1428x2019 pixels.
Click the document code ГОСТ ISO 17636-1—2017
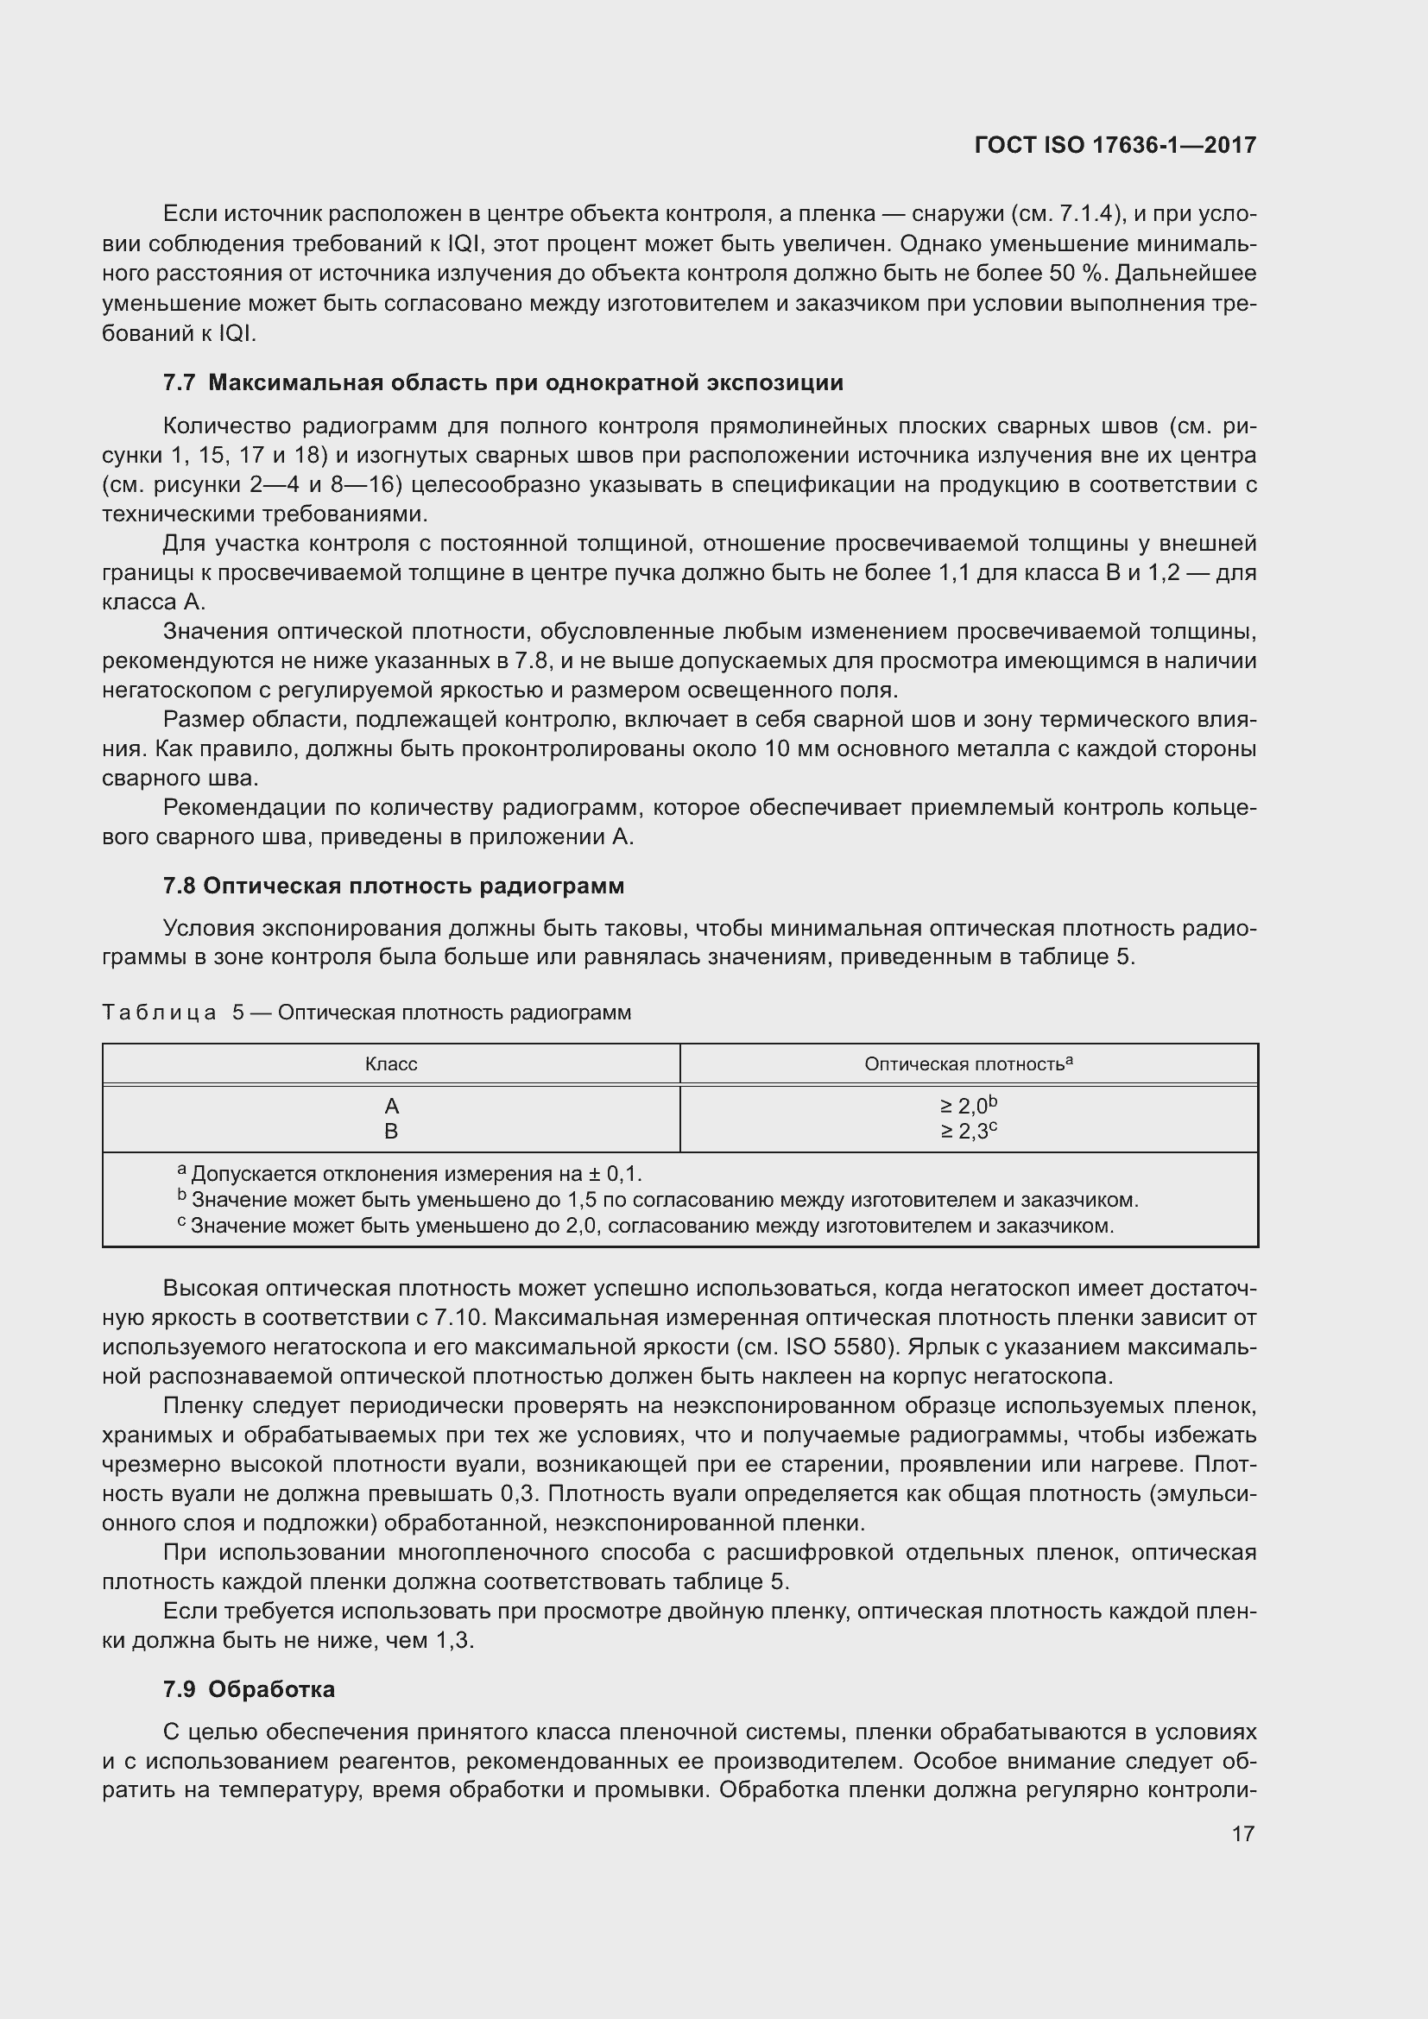click(1115, 145)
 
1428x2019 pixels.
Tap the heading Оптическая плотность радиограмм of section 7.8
click(414, 886)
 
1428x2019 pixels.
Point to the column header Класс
click(390, 1064)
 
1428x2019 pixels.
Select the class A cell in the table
click(391, 1106)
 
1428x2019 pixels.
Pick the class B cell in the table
click(391, 1131)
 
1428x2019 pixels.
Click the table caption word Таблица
click(159, 1013)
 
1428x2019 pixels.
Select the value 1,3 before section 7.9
click(453, 1640)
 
